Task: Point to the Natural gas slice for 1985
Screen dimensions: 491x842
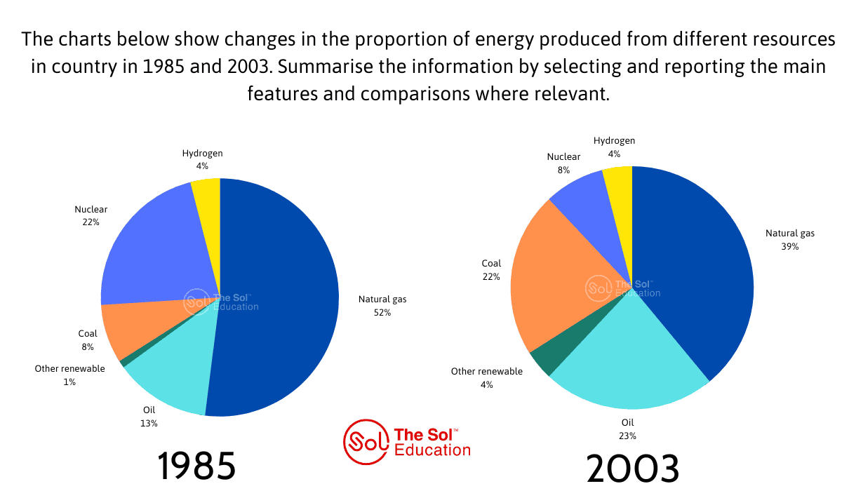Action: (x=281, y=295)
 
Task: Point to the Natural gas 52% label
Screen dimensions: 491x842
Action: (x=382, y=306)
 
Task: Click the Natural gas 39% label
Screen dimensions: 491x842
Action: (x=789, y=240)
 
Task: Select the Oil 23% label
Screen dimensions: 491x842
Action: (x=627, y=429)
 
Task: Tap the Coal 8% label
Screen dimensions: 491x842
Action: (x=88, y=340)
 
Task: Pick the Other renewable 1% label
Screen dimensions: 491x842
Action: (x=69, y=375)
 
